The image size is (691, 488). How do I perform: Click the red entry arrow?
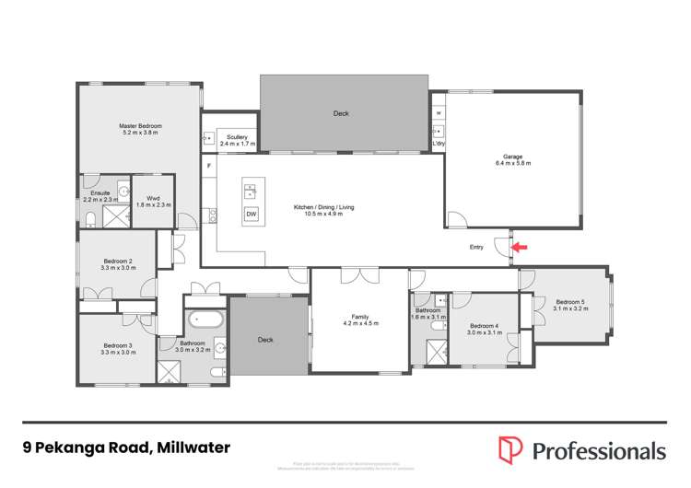point(520,247)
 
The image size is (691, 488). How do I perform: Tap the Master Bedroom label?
point(140,125)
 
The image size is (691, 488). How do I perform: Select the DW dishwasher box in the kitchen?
point(251,215)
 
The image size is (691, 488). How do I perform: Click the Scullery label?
point(236,137)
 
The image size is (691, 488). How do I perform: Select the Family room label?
point(360,316)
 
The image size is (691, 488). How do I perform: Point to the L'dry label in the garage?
point(439,145)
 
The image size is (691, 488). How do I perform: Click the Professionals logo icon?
point(509,449)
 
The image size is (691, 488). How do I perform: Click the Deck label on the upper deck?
point(340,113)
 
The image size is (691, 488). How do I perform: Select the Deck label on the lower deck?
point(265,340)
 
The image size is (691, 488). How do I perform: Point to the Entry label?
point(476,247)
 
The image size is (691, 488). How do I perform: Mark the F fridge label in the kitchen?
point(209,166)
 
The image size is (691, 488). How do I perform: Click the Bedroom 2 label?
point(117,261)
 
